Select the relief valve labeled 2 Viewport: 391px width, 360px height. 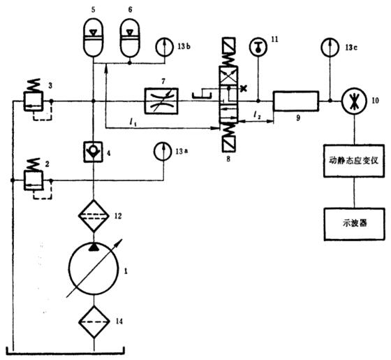click(32, 181)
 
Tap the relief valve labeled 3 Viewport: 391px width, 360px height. click(32, 102)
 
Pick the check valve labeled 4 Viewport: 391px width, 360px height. click(94, 149)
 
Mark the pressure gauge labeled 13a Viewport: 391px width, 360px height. click(161, 151)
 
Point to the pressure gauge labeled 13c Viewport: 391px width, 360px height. click(327, 47)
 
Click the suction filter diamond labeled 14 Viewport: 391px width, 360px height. click(94, 322)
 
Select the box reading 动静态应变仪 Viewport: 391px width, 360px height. click(354, 160)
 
